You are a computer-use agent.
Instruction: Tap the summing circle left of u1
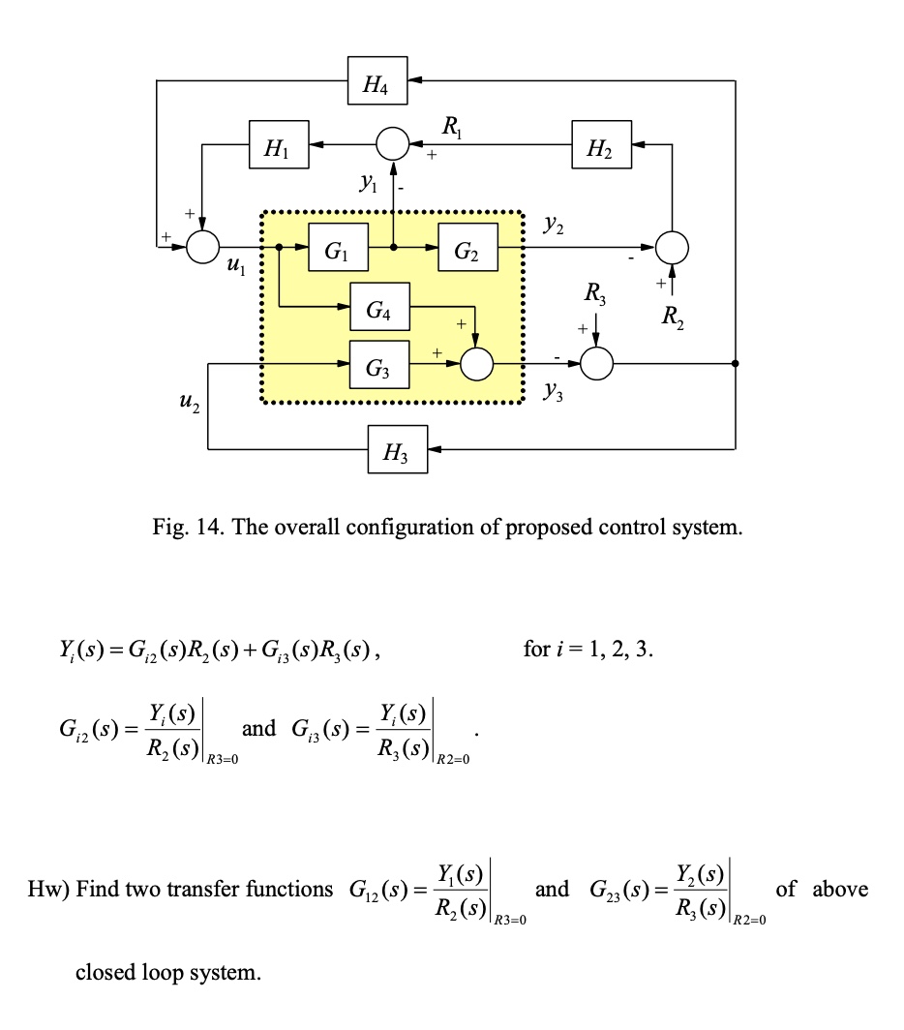click(x=203, y=248)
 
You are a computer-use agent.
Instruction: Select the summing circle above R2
click(x=672, y=248)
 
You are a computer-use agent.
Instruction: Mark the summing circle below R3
click(x=597, y=365)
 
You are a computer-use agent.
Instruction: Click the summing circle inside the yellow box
click(x=477, y=365)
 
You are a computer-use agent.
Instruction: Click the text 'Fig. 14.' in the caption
click(x=185, y=528)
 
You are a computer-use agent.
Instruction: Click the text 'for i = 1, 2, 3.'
click(x=588, y=649)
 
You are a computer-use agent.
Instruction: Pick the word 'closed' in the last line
click(x=105, y=972)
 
